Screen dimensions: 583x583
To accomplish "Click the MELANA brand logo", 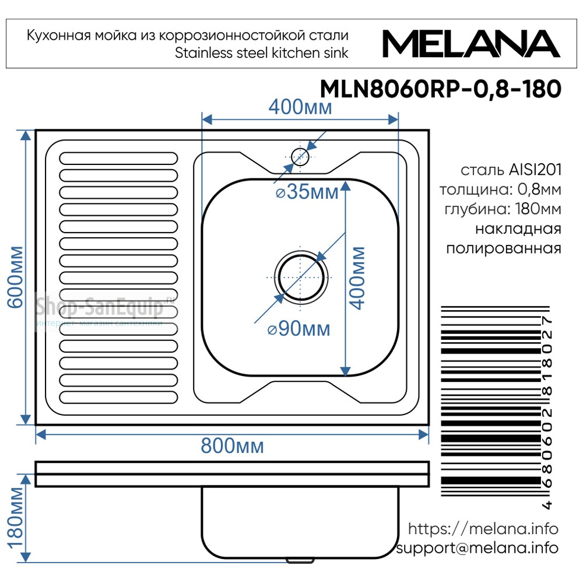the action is (471, 44).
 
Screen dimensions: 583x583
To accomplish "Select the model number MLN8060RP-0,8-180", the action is (441, 89).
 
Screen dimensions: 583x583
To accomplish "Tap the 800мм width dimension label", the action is (233, 445).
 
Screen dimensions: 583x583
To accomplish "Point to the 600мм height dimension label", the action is (16, 277).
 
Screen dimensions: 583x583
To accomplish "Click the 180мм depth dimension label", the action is (16, 518).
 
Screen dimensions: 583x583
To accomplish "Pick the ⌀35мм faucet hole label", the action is (307, 192).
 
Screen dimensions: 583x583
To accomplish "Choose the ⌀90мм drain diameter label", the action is (299, 329).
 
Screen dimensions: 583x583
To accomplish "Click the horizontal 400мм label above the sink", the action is (300, 107).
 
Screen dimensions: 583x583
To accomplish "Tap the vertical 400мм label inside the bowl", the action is (358, 278).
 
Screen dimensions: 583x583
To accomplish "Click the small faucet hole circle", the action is (300, 157).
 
